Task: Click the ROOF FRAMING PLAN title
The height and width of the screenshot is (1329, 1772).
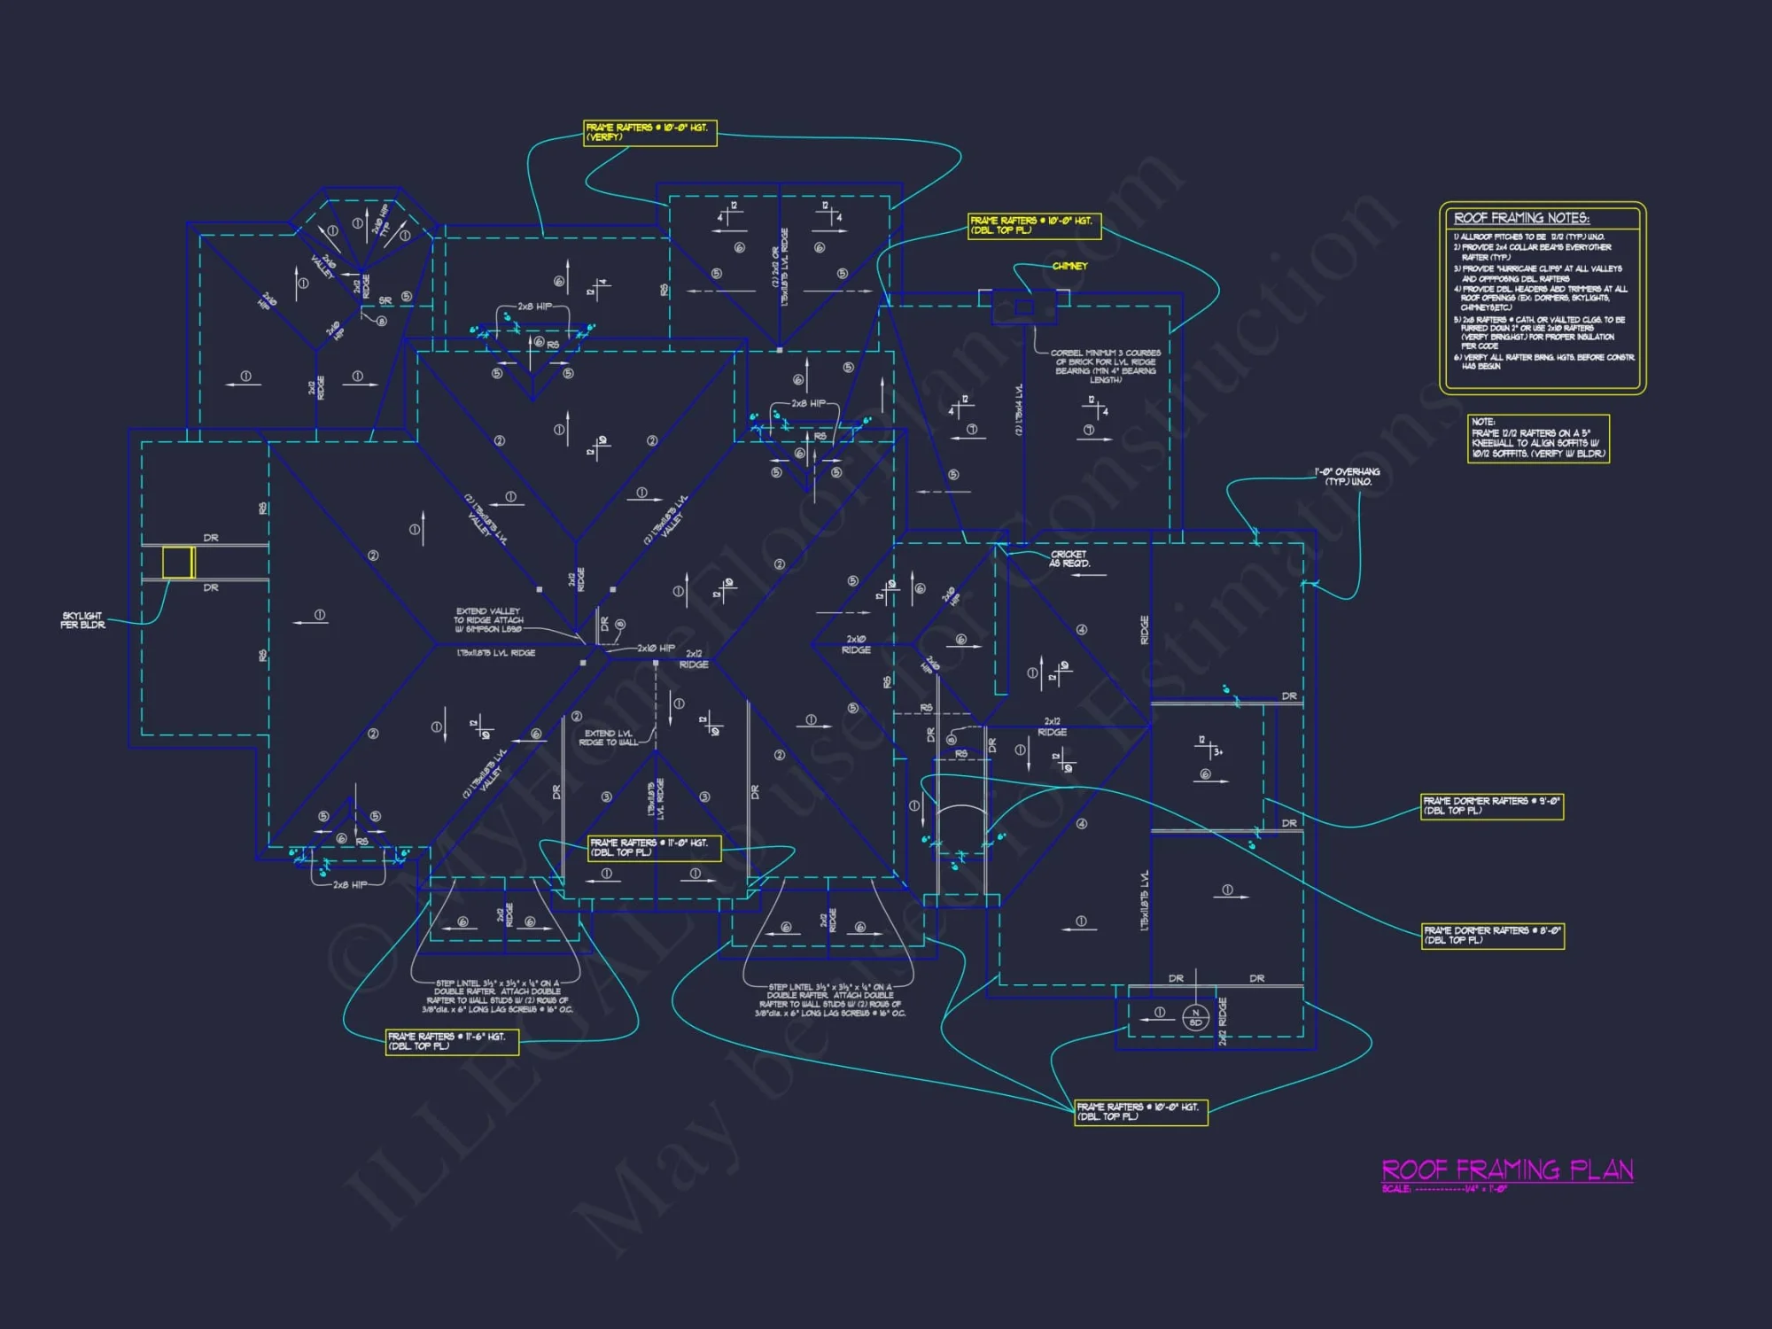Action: coord(1507,1170)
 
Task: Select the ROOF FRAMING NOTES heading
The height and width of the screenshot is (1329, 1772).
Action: coord(1521,218)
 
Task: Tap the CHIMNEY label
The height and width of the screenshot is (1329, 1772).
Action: coord(1069,266)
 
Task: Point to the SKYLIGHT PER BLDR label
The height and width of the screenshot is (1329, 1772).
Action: coord(82,620)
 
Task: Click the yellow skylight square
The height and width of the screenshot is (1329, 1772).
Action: coord(177,563)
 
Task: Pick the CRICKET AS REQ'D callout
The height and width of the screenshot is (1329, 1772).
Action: coord(1069,558)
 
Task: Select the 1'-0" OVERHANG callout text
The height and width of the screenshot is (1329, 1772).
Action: coord(1347,477)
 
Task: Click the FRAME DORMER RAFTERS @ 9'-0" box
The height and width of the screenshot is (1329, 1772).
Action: coord(1492,805)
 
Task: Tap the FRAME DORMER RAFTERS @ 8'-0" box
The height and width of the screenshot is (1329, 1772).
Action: coord(1493,936)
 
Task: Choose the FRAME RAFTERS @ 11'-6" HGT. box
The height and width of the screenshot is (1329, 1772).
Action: coord(452,1041)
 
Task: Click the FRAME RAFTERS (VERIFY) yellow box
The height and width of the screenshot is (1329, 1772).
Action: coord(649,132)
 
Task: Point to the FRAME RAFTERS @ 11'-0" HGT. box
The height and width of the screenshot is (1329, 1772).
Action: coord(654,848)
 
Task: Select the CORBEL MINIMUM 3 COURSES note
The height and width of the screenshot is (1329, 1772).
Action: coord(1106,366)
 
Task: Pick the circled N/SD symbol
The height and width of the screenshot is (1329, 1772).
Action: coord(1195,1018)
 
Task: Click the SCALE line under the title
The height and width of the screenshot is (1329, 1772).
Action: coord(1444,1189)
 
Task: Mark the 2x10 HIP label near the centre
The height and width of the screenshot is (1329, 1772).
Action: coord(656,648)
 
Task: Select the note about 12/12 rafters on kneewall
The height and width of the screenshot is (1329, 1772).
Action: coord(1538,439)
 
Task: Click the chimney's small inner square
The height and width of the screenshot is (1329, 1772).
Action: coord(1024,307)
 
